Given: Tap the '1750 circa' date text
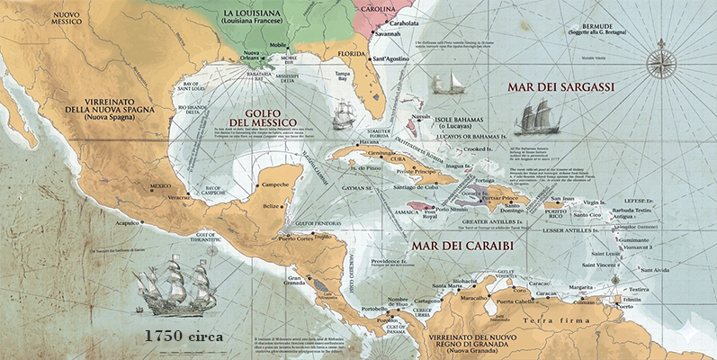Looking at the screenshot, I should tap(185, 336).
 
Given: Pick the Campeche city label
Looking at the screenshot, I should tap(274, 184).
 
